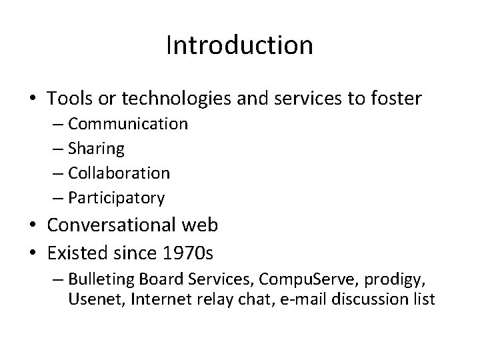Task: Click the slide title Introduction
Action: click(239, 45)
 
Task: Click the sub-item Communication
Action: click(127, 124)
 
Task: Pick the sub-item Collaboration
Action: click(119, 173)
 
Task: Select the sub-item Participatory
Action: click(116, 198)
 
